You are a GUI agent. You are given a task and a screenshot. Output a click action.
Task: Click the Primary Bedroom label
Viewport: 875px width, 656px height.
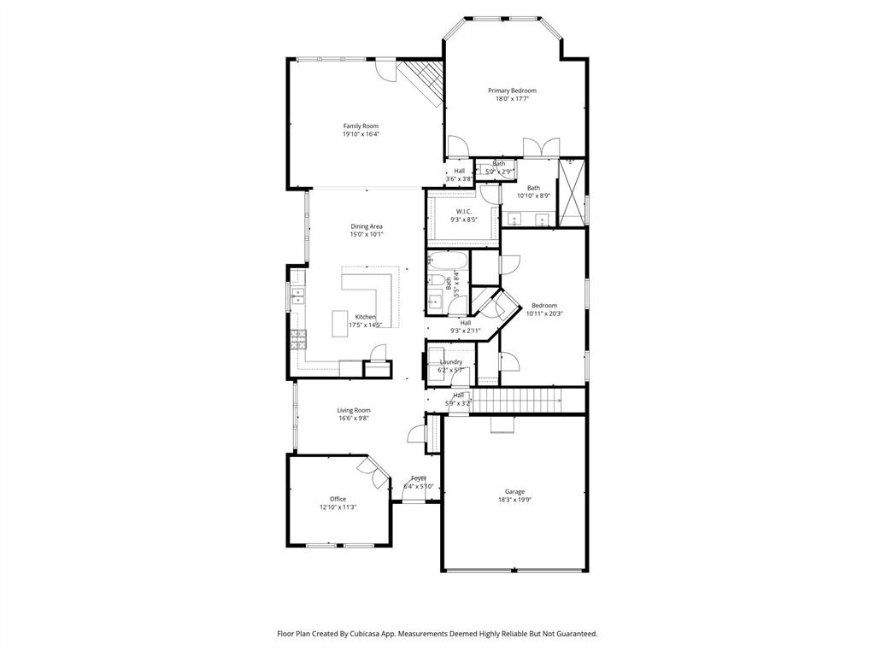[x=512, y=91]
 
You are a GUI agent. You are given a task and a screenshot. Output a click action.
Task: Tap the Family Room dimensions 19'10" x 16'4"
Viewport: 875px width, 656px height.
[x=361, y=134]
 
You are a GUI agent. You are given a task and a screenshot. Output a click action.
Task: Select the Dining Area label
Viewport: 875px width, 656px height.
[x=366, y=226]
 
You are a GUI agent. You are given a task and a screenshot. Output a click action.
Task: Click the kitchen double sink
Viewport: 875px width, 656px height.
[x=297, y=296]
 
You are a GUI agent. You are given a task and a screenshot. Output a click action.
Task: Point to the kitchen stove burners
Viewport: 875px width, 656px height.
[x=297, y=340]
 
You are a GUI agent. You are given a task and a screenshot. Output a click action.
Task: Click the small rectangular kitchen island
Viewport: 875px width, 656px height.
[x=341, y=323]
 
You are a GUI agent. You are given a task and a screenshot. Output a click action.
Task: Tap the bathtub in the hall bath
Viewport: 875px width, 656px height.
[x=448, y=261]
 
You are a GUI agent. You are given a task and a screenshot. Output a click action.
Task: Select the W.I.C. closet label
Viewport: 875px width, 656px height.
[x=464, y=212]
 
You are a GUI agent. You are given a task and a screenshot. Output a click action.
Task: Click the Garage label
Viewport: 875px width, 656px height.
[x=514, y=491]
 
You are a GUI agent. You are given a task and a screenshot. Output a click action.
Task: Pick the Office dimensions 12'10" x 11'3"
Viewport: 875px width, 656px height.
[x=338, y=507]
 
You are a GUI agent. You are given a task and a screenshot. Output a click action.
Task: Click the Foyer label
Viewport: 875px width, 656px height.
[x=419, y=478]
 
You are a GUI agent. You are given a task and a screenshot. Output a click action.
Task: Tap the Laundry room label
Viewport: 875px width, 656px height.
[x=450, y=362]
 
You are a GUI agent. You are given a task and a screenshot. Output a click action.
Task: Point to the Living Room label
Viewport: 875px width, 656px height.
[x=354, y=410]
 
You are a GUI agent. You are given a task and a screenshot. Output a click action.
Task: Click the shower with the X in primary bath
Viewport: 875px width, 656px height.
[x=571, y=192]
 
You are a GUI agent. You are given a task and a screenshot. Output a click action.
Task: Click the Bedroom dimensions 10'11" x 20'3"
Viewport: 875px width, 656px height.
[x=543, y=313]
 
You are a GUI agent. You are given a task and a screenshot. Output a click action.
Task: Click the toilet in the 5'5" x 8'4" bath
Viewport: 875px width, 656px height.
[x=436, y=280]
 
